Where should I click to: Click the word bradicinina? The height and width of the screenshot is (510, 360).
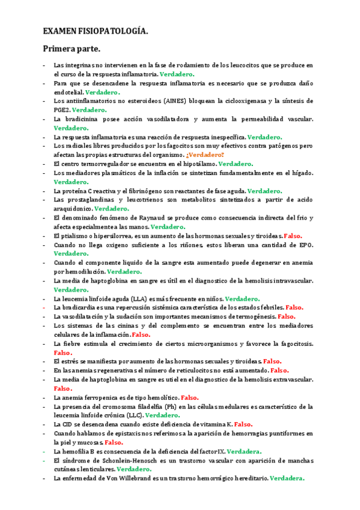[x=81, y=119]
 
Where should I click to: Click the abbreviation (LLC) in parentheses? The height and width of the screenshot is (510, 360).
[x=132, y=415]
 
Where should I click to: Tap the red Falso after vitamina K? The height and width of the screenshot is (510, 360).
[x=243, y=424]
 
